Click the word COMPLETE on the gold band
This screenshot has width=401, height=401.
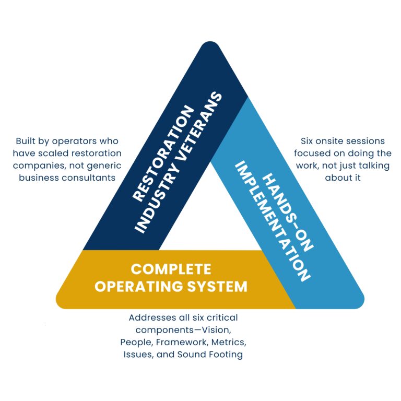click(x=171, y=269)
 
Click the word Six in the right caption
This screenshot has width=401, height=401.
click(x=308, y=141)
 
